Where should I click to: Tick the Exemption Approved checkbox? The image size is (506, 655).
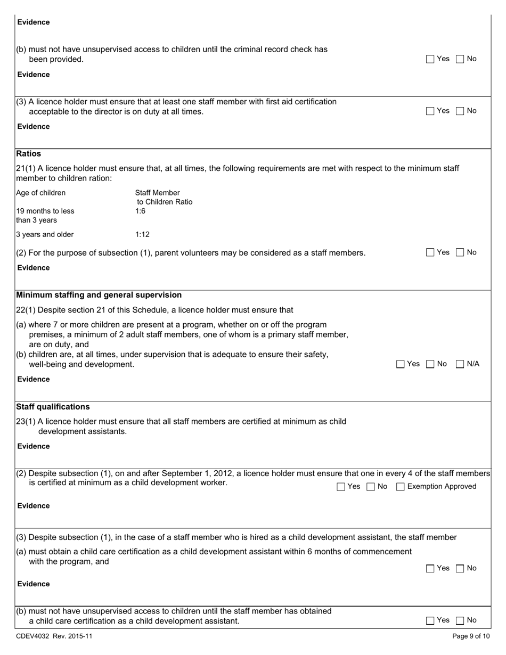tap(401, 487)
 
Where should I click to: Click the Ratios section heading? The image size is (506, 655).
tap(29, 153)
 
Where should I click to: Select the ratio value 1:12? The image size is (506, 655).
tap(142, 234)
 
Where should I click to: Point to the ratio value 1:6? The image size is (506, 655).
tap(140, 211)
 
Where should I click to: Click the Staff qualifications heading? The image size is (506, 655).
tap(53, 407)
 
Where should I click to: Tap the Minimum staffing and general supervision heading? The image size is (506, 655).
tap(99, 295)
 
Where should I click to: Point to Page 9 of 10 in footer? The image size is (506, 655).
tap(470, 636)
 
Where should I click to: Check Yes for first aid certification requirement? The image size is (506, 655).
tap(430, 111)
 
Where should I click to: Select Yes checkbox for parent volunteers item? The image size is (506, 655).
tap(430, 253)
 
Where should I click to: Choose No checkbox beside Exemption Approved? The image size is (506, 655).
tap(371, 487)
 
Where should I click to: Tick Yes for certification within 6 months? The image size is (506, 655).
tap(430, 569)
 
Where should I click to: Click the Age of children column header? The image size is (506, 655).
tap(41, 193)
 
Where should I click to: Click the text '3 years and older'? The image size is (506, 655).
tap(45, 234)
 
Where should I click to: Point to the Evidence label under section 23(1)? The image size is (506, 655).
tap(33, 446)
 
